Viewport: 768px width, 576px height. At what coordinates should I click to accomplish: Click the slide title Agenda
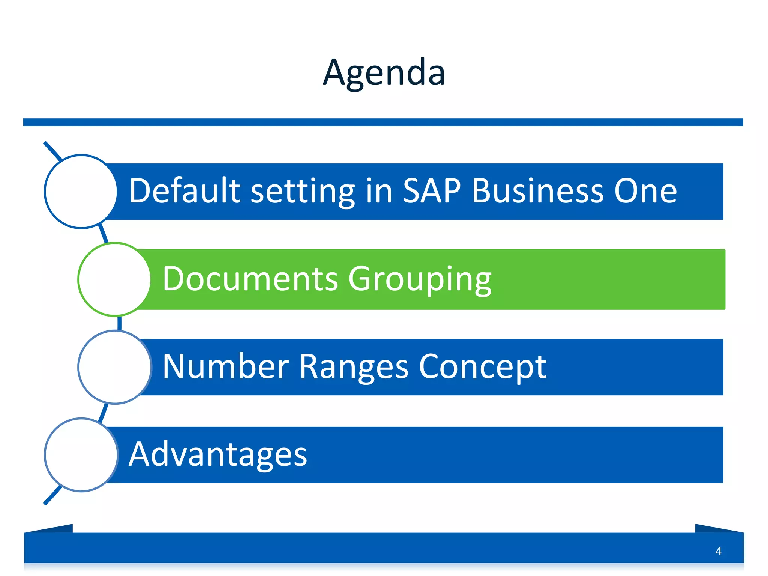384,73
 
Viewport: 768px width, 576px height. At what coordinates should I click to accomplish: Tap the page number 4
718,551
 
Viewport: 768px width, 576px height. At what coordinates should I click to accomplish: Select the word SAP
432,191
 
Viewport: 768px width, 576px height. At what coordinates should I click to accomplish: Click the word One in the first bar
645,191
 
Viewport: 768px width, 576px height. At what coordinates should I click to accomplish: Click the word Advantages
218,455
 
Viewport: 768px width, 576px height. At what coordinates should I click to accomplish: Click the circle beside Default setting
81,192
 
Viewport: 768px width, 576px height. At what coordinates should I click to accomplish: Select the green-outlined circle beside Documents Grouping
115,279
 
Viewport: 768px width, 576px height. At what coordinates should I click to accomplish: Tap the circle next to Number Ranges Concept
115,367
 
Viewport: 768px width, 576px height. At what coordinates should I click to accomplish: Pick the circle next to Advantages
81,455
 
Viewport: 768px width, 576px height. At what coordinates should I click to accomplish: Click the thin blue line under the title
383,122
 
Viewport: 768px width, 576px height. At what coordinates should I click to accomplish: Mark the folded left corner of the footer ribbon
49,528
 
